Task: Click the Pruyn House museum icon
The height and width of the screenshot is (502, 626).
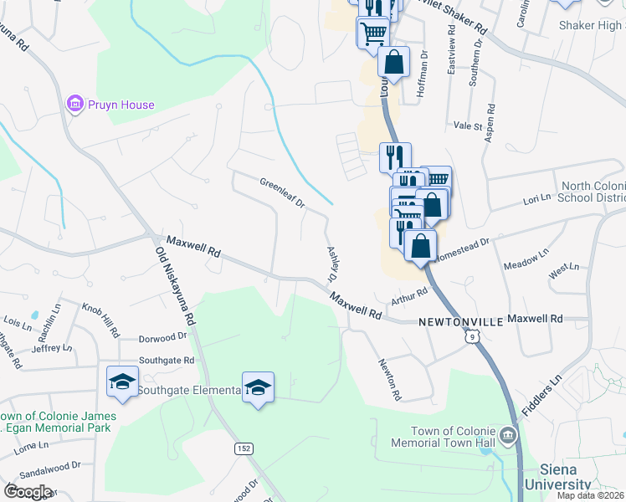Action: point(75,105)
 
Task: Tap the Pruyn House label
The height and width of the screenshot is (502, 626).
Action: point(122,105)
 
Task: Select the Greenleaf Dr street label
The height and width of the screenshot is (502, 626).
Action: point(282,193)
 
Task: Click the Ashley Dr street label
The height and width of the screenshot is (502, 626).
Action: point(331,263)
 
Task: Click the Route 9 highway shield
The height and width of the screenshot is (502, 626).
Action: point(474,336)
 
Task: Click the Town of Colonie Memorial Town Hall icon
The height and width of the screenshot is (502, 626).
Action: point(508,435)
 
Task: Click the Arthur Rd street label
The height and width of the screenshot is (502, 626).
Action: point(410,297)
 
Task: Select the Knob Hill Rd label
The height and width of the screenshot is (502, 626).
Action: point(100,318)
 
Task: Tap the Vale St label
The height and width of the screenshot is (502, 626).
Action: point(468,125)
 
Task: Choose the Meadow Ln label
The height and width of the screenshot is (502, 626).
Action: point(526,259)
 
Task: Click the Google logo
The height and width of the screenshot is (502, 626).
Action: point(28,492)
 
